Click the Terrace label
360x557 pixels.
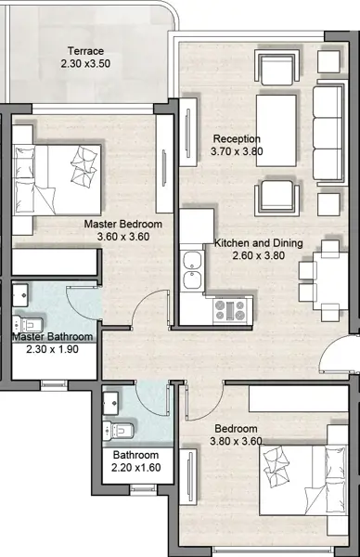[x=85, y=51]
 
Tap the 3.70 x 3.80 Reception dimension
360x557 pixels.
[x=237, y=151]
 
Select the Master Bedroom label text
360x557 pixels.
[x=122, y=224]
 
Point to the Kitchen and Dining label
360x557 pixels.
[x=259, y=243]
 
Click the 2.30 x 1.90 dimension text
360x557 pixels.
[x=52, y=349]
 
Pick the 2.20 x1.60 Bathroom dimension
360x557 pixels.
[x=136, y=468]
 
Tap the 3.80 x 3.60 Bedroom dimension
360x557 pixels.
[x=236, y=441]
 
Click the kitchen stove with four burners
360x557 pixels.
[x=230, y=310]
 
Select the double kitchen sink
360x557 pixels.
[x=192, y=271]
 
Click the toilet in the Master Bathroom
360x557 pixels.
[x=28, y=325]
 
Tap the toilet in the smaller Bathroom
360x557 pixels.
[x=118, y=431]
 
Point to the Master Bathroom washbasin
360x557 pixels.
[x=20, y=294]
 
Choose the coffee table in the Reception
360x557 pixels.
[x=276, y=130]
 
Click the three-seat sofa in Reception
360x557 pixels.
[x=328, y=133]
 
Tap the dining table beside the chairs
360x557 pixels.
[x=330, y=280]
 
